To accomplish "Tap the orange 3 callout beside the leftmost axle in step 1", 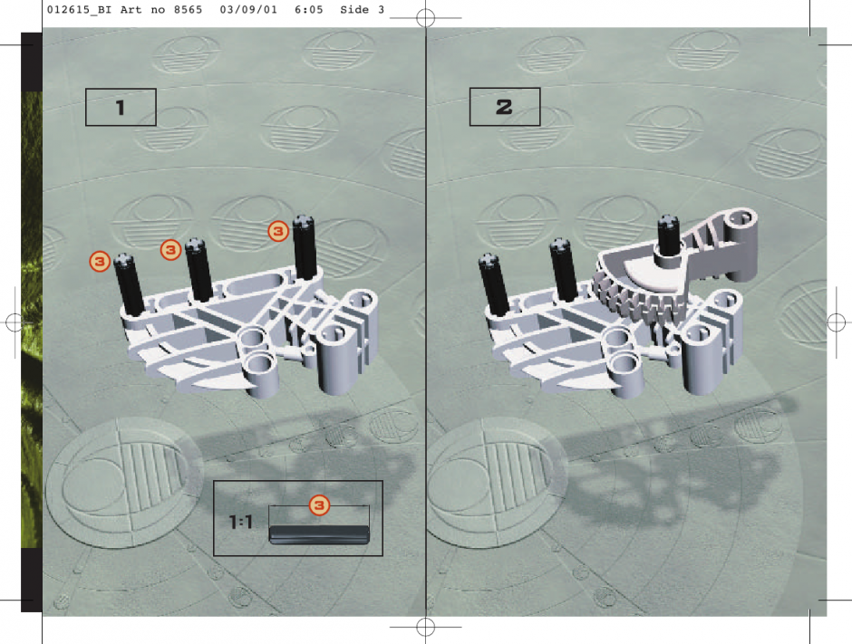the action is (x=100, y=261).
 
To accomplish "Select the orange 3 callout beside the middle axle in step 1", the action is (x=170, y=250).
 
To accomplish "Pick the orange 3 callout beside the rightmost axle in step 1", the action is (x=278, y=231).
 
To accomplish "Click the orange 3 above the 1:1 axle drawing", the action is (x=319, y=505).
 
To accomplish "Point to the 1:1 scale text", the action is (x=241, y=523).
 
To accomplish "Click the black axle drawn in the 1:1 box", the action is (x=319, y=534).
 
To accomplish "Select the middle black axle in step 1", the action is (x=199, y=269).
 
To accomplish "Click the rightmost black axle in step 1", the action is (x=305, y=247).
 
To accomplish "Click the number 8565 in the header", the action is (x=188, y=10).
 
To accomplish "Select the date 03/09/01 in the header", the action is (x=248, y=10).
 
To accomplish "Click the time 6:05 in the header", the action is (x=309, y=10).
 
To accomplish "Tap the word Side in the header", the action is (x=354, y=10).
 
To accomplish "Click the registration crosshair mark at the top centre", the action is (x=425, y=18).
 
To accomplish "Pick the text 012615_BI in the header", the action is (x=80, y=10).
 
